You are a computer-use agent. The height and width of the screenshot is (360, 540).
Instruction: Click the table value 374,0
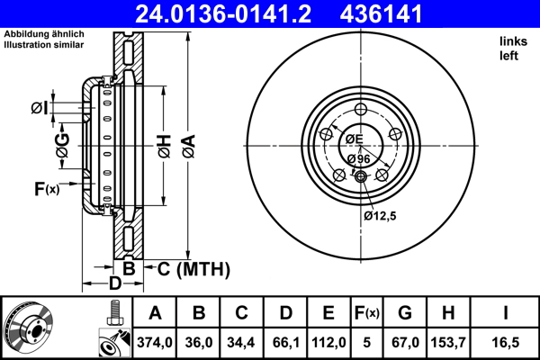(155, 343)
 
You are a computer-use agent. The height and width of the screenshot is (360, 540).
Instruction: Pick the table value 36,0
(200, 343)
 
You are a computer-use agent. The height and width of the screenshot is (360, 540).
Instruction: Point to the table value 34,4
(242, 343)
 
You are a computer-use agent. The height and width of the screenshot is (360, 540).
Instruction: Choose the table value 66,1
(285, 343)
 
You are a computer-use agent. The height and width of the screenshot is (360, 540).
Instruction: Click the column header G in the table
(406, 314)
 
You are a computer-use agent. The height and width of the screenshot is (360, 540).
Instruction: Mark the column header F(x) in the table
(368, 314)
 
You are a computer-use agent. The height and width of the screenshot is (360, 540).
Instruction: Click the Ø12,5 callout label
(381, 215)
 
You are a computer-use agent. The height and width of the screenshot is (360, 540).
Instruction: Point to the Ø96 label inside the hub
(358, 159)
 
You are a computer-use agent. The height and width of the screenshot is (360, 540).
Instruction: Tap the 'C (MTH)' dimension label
(194, 269)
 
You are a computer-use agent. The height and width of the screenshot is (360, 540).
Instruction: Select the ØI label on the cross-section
(38, 108)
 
